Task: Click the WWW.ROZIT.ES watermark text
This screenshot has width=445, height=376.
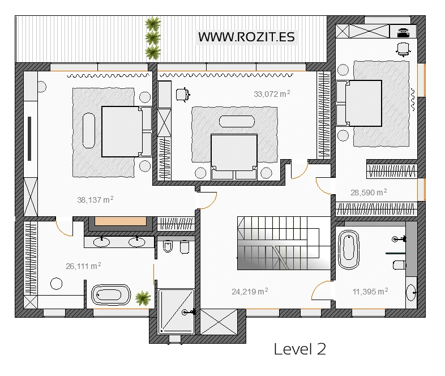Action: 246,37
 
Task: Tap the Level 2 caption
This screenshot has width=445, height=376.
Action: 300,349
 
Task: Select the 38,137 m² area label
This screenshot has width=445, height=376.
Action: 95,200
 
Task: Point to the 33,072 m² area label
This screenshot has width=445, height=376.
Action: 272,94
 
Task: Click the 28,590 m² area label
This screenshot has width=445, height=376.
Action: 369,193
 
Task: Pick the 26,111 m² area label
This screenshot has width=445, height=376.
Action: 83,266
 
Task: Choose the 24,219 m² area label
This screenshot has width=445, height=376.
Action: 250,292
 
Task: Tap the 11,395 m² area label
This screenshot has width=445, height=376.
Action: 370,292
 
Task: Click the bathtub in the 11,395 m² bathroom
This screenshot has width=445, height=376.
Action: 349,250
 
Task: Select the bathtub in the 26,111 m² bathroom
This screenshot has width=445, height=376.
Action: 111,295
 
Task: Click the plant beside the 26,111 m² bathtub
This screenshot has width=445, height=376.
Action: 143,298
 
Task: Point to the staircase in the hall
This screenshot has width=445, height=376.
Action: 284,243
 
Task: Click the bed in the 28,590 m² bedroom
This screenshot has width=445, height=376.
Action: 359,103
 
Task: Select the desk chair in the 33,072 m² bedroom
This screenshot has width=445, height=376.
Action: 182,95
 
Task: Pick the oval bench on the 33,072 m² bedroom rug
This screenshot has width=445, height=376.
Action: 237,121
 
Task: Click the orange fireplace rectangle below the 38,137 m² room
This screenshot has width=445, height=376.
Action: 121,221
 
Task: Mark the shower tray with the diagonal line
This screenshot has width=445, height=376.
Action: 176,311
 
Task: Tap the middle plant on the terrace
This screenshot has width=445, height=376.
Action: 153,38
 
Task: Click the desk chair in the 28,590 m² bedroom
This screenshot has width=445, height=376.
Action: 403,49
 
